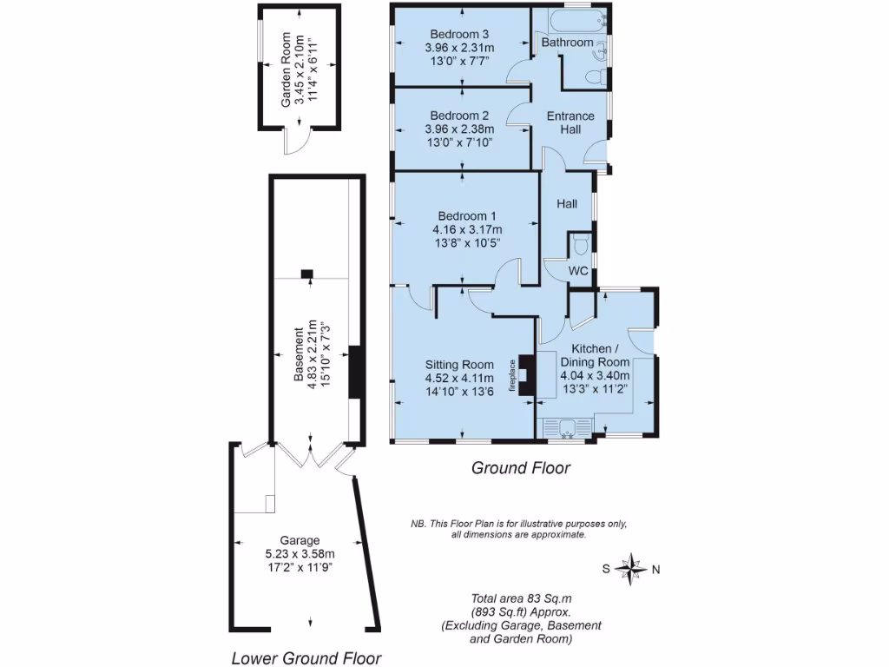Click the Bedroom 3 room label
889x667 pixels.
(460, 35)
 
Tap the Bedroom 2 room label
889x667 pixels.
(460, 116)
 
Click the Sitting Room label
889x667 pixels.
(459, 365)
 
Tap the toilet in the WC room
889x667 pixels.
(580, 242)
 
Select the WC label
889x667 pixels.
(578, 271)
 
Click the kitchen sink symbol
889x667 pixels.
(566, 426)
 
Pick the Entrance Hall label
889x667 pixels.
(570, 122)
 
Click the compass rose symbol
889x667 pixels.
(632, 570)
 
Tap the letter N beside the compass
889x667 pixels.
(656, 571)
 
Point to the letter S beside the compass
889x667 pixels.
(607, 570)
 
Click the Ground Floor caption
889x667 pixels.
(520, 468)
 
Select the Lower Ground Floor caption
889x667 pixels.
(306, 657)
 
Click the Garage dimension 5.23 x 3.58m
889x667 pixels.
(300, 553)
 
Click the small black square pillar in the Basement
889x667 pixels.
(306, 274)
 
